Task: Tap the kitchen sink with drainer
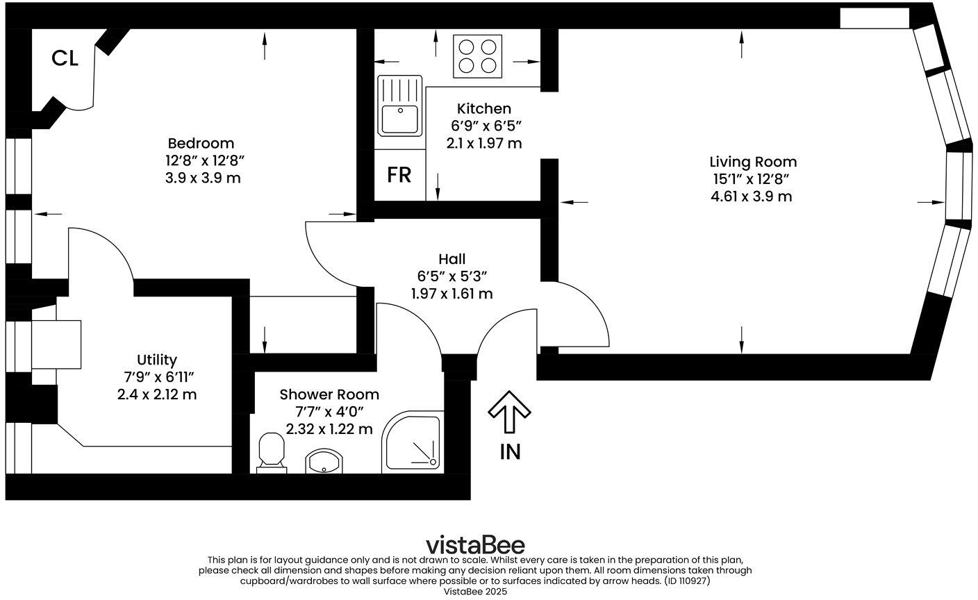click(x=399, y=105)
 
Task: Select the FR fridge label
click(x=399, y=176)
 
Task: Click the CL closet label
click(x=65, y=59)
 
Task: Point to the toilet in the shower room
click(x=272, y=452)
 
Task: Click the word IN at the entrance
click(x=510, y=452)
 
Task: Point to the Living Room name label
click(x=752, y=162)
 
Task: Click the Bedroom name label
click(x=201, y=143)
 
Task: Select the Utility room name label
click(x=156, y=360)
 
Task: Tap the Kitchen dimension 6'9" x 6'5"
click(x=484, y=126)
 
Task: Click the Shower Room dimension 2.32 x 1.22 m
click(x=329, y=429)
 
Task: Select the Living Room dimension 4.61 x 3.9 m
click(x=751, y=197)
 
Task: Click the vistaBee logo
click(x=475, y=544)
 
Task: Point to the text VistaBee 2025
click(x=476, y=592)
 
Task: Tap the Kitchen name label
click(x=483, y=108)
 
